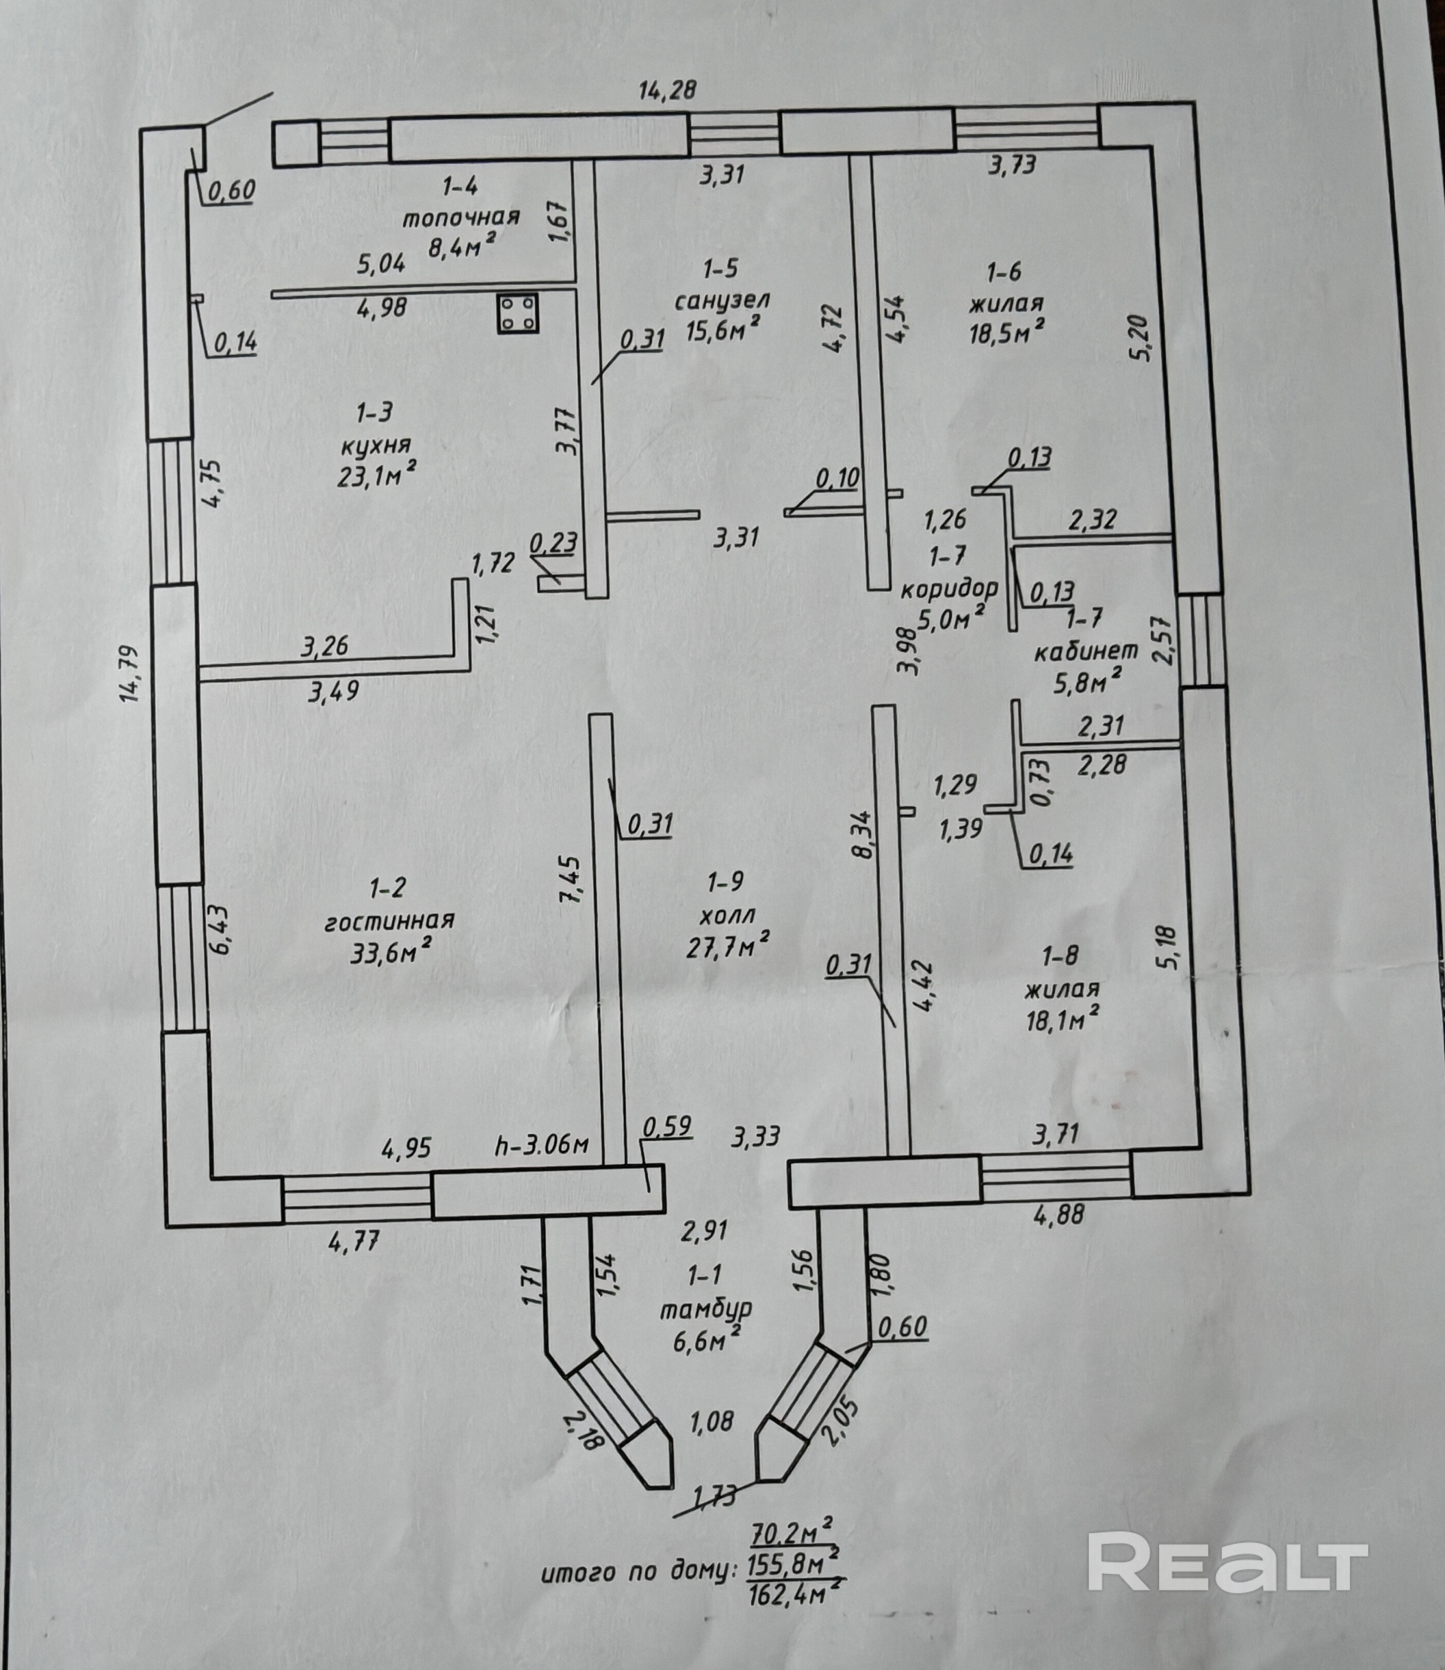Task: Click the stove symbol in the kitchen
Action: tap(518, 314)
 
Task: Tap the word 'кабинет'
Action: tap(1086, 651)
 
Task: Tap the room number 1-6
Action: tap(1004, 272)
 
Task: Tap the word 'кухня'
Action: tap(376, 446)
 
